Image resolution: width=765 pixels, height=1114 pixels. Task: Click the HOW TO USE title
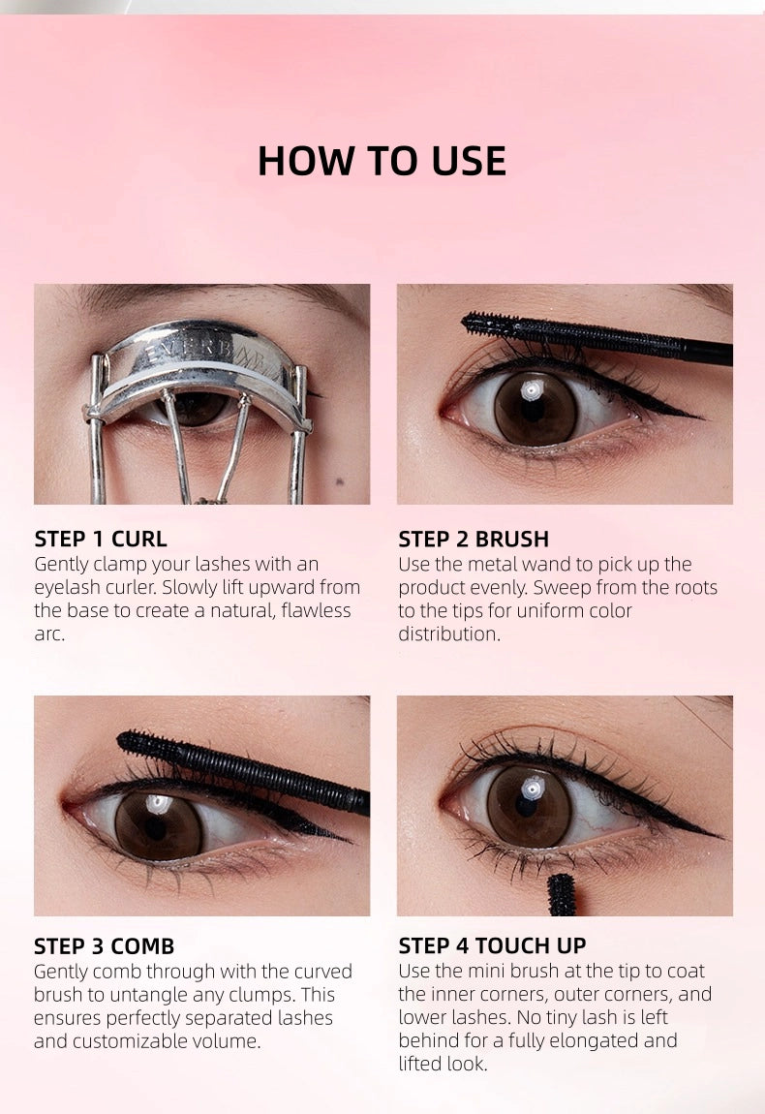tap(382, 161)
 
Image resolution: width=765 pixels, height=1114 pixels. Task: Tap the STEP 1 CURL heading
tap(101, 540)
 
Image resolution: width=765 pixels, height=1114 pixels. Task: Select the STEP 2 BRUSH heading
tap(474, 540)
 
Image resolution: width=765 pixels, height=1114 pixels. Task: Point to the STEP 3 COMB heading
tap(105, 946)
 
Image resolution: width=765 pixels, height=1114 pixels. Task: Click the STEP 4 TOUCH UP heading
tap(492, 945)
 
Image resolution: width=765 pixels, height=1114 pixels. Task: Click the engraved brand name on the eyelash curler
tap(206, 354)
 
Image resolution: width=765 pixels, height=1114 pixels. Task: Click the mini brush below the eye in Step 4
tap(561, 894)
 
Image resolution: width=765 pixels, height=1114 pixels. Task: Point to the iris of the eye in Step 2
tap(535, 408)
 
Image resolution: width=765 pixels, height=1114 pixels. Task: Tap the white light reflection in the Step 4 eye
tap(532, 788)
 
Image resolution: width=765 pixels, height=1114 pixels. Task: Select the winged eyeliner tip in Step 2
tap(700, 418)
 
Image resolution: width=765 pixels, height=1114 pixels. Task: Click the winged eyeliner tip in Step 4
tap(719, 836)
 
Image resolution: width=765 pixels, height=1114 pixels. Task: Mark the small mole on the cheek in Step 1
tap(339, 482)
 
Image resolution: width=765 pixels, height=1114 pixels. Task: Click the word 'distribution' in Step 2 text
tap(449, 634)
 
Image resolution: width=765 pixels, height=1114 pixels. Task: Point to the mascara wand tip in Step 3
tap(127, 742)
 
